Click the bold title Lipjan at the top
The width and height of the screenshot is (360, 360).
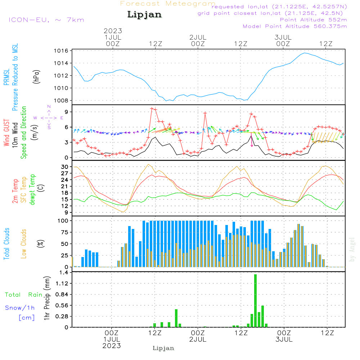(x=144, y=15)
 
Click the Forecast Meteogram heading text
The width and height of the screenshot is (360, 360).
(x=168, y=4)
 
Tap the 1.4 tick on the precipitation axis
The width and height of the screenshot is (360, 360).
(x=64, y=273)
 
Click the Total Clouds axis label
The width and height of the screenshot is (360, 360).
(x=6, y=244)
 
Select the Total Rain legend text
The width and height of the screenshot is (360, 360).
(x=24, y=294)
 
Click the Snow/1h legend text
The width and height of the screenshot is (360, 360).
(x=20, y=308)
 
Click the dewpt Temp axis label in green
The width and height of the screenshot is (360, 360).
(x=32, y=190)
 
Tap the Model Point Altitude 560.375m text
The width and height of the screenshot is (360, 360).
(x=295, y=26)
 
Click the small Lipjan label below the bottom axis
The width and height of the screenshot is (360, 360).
(x=163, y=348)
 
